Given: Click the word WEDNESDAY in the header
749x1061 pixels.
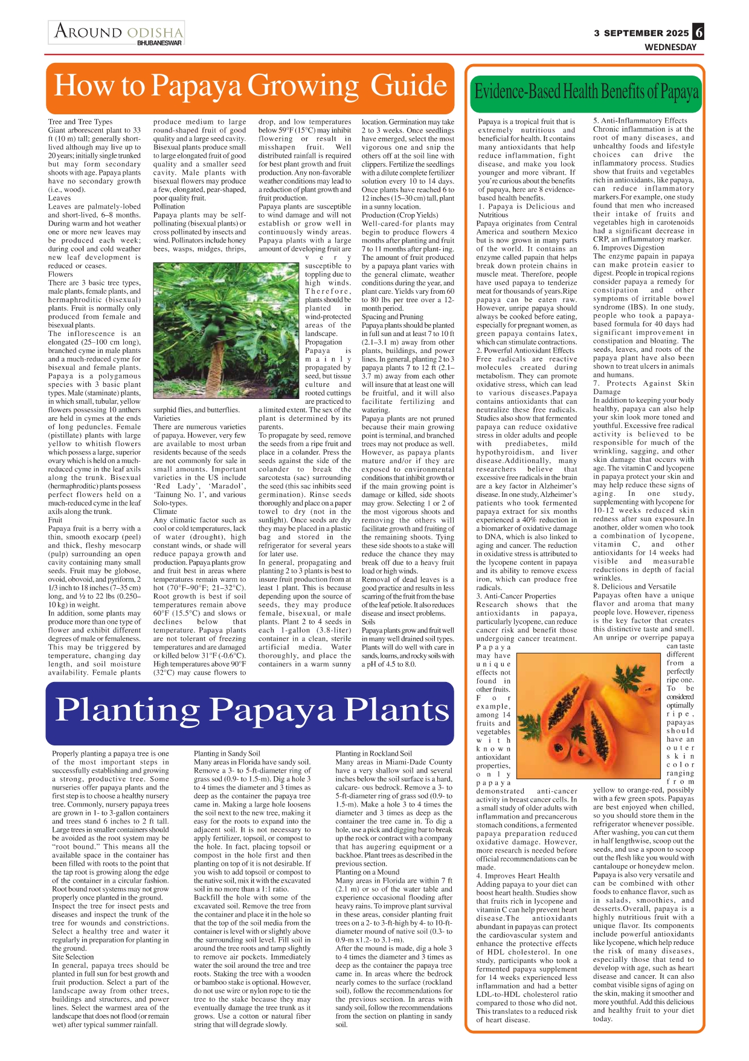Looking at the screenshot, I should pos(670,47).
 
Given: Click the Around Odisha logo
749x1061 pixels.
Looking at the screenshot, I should pos(117,32).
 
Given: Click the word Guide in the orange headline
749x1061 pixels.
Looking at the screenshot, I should pos(409,85).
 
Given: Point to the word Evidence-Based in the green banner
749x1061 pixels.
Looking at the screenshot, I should pos(517,92).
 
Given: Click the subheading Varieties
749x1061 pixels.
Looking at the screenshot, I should pos(167,418).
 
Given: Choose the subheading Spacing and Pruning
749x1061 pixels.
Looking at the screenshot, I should pos(392,316).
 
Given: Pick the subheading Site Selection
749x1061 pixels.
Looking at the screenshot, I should pos(73,956).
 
